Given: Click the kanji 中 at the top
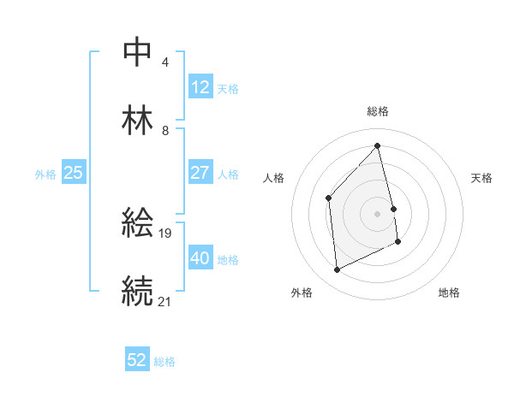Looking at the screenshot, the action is click(x=137, y=52).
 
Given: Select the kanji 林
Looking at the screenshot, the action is click(x=137, y=121).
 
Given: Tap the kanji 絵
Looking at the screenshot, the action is click(x=137, y=223).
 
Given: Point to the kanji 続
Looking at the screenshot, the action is click(x=137, y=291).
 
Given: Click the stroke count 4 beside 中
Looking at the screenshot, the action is click(x=165, y=62).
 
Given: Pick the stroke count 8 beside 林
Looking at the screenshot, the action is click(x=165, y=130).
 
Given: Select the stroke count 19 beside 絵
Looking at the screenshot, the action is click(x=166, y=232).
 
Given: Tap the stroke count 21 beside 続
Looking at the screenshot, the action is click(x=165, y=300).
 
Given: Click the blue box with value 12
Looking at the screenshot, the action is click(x=200, y=87).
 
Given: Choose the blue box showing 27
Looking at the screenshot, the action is click(x=200, y=173).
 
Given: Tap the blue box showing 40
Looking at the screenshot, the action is click(x=200, y=258).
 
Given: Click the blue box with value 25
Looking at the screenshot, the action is click(x=73, y=173).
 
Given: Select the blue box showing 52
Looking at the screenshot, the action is click(x=137, y=360).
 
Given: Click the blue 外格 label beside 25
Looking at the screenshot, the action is click(x=45, y=174).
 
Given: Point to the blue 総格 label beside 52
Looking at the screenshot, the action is click(x=164, y=362).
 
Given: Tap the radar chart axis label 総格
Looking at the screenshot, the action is click(x=377, y=111).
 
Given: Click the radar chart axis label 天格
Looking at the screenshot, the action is click(x=482, y=178).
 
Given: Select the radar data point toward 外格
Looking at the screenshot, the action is click(x=337, y=270).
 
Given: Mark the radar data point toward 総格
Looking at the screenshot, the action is click(x=377, y=146).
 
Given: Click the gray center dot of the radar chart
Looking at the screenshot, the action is click(x=377, y=214).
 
